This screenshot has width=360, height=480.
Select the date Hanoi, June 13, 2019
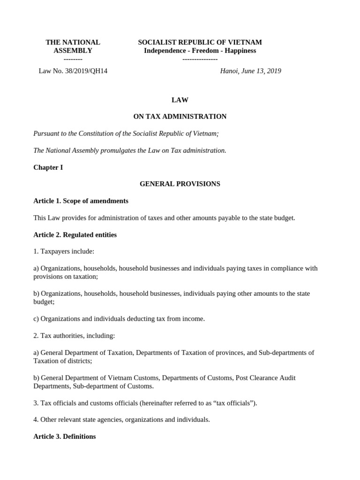click(250, 71)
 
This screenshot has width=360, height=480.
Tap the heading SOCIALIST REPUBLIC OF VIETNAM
click(200, 42)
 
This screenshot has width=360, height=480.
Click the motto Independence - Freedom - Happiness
click(200, 51)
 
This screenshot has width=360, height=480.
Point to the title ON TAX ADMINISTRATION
click(180, 116)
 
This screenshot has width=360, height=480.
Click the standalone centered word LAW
click(180, 100)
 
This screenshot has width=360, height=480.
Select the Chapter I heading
click(48, 167)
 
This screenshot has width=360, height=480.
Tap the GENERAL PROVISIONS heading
click(180, 184)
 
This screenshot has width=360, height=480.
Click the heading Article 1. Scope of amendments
click(81, 201)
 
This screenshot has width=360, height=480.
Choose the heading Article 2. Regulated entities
click(75, 235)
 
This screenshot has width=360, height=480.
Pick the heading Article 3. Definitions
click(65, 436)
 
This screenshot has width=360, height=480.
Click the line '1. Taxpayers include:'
click(64, 251)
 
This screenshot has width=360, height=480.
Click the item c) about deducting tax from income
click(119, 319)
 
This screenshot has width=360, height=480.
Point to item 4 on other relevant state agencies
click(121, 420)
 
